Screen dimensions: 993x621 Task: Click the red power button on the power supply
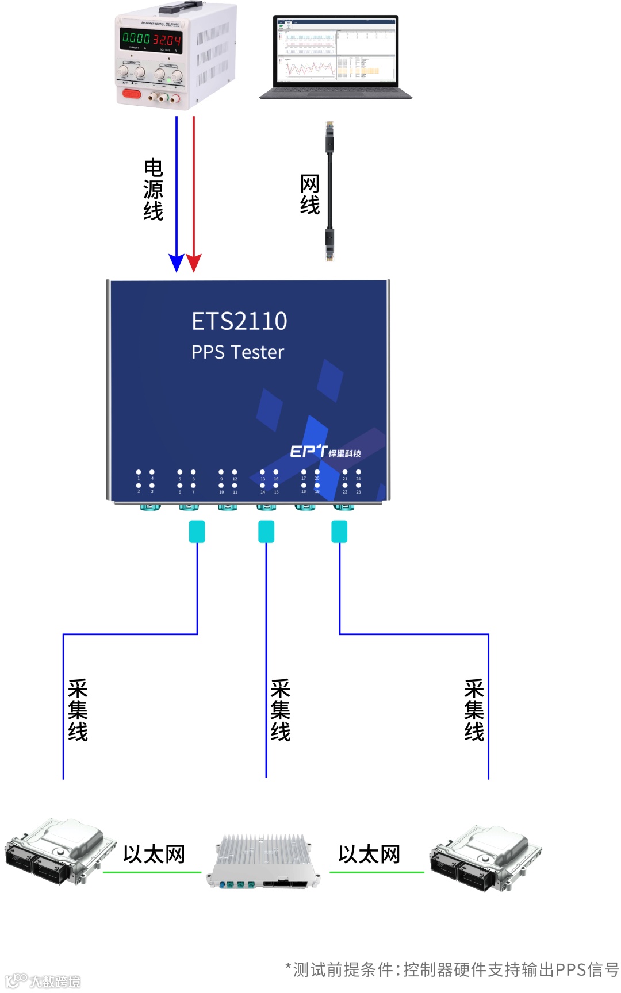tap(131, 93)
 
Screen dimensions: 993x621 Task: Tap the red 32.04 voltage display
tap(167, 40)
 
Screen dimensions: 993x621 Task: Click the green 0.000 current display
tap(136, 39)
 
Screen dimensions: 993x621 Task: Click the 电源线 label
tap(154, 190)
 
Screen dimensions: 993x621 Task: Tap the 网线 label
tap(310, 195)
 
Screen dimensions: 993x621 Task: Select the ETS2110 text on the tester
tap(239, 321)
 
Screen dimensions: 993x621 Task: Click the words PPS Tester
tap(237, 352)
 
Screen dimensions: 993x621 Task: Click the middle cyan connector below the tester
tap(266, 532)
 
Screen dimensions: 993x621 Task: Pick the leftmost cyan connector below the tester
tap(197, 532)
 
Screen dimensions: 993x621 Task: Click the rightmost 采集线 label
tap(474, 710)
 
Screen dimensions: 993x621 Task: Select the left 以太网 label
tap(154, 855)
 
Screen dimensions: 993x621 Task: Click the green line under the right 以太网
tap(377, 872)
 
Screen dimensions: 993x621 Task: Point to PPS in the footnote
tap(570, 970)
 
